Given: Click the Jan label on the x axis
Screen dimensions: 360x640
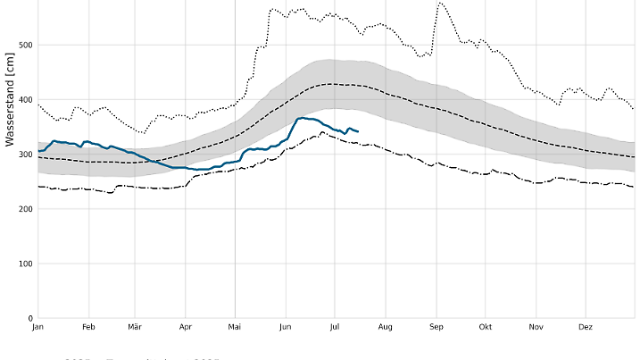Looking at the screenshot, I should [38, 328].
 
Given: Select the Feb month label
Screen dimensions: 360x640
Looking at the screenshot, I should [88, 328].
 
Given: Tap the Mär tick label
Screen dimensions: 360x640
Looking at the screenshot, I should [135, 328].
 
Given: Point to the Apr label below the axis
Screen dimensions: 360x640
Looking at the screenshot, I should [185, 328].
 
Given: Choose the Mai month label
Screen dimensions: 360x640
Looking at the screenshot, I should [235, 328].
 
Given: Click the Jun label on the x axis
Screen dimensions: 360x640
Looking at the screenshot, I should [285, 328].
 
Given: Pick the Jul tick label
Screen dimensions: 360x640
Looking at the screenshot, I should [335, 328].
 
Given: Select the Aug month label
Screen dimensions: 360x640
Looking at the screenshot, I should [386, 328].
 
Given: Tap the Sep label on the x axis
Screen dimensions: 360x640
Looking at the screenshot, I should [436, 328].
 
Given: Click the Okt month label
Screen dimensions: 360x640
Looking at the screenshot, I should [486, 328].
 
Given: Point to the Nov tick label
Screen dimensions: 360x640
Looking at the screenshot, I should [536, 328].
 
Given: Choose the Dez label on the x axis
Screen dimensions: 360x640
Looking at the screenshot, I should [586, 328].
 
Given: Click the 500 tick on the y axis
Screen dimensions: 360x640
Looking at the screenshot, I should [24, 46].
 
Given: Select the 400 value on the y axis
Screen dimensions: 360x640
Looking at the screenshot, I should [24, 100].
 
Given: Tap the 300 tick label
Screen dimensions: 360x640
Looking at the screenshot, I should [24, 155].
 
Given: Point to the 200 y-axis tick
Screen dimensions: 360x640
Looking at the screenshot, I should [24, 209].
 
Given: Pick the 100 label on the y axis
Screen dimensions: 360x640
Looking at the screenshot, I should [24, 264].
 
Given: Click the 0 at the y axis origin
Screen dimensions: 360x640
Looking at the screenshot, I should [29, 318].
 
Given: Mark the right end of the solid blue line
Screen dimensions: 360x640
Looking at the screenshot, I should [358, 131].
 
